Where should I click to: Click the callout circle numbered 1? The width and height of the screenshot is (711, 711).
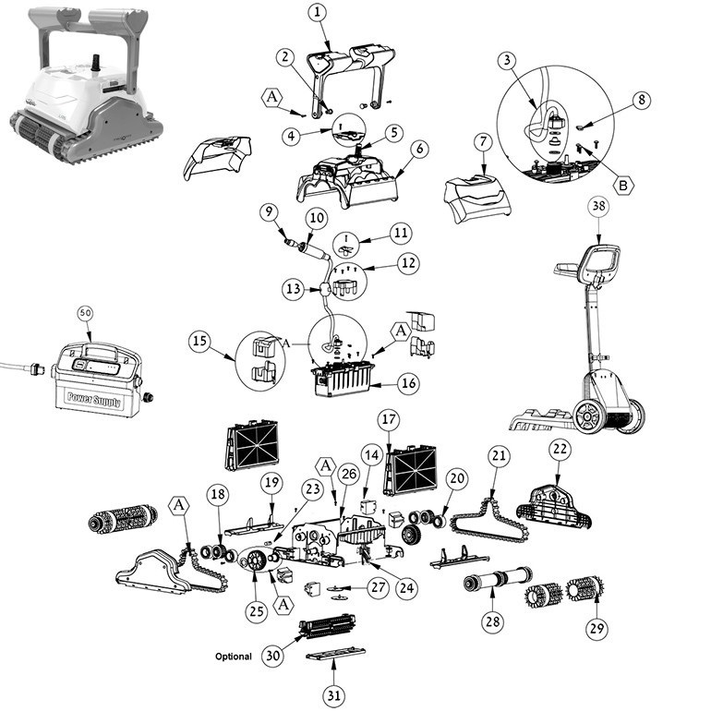[x=318, y=12]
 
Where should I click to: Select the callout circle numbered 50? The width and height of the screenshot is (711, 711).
[x=85, y=313]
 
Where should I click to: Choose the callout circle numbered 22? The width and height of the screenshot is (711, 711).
[x=560, y=449]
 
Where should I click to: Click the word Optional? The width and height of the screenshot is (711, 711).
[x=233, y=657]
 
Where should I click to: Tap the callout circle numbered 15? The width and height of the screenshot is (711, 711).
[x=199, y=341]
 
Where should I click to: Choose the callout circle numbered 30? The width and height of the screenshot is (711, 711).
[x=271, y=656]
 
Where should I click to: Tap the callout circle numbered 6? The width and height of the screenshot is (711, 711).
[x=418, y=148]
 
